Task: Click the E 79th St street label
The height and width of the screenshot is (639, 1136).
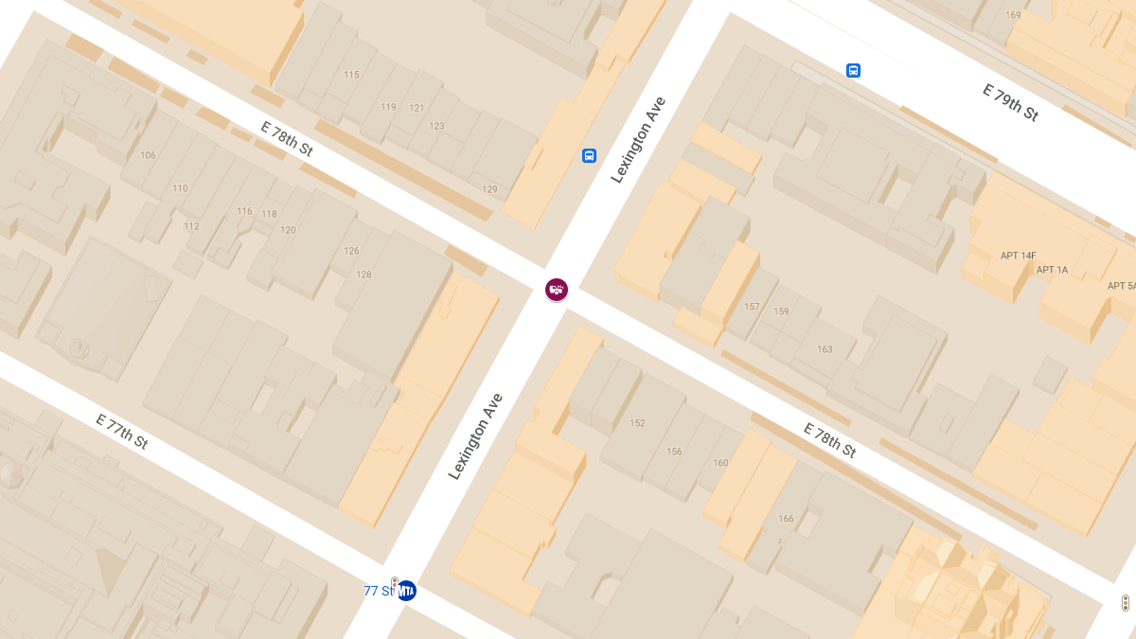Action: click(x=1010, y=103)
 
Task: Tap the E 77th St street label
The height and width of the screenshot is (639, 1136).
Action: click(x=122, y=431)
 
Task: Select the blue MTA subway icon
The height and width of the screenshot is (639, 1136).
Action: click(x=406, y=591)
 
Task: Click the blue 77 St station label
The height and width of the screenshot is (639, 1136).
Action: click(x=377, y=591)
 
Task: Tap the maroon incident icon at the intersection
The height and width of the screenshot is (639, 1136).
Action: click(x=557, y=290)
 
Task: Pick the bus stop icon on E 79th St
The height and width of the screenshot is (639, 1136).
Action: click(x=853, y=70)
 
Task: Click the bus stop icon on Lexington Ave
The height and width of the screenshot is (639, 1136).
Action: click(x=589, y=155)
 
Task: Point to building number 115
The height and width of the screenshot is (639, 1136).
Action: click(x=351, y=75)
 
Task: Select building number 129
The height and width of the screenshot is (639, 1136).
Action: click(x=489, y=190)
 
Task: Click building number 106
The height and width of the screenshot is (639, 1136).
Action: click(x=148, y=155)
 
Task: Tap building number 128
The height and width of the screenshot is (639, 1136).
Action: click(x=364, y=275)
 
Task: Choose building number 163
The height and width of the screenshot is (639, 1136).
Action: click(x=825, y=349)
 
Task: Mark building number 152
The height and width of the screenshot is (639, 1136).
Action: click(x=637, y=423)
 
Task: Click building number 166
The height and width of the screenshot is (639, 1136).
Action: click(x=785, y=519)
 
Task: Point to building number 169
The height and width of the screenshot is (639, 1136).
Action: click(x=1013, y=15)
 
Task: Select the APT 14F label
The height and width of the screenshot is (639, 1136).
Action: click(x=1018, y=256)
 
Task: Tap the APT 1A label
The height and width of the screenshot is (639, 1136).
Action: click(x=1052, y=270)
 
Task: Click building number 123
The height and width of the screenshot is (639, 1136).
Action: click(x=436, y=126)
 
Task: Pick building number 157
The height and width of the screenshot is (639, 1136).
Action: click(x=752, y=307)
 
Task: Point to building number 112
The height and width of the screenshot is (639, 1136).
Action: click(x=191, y=226)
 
